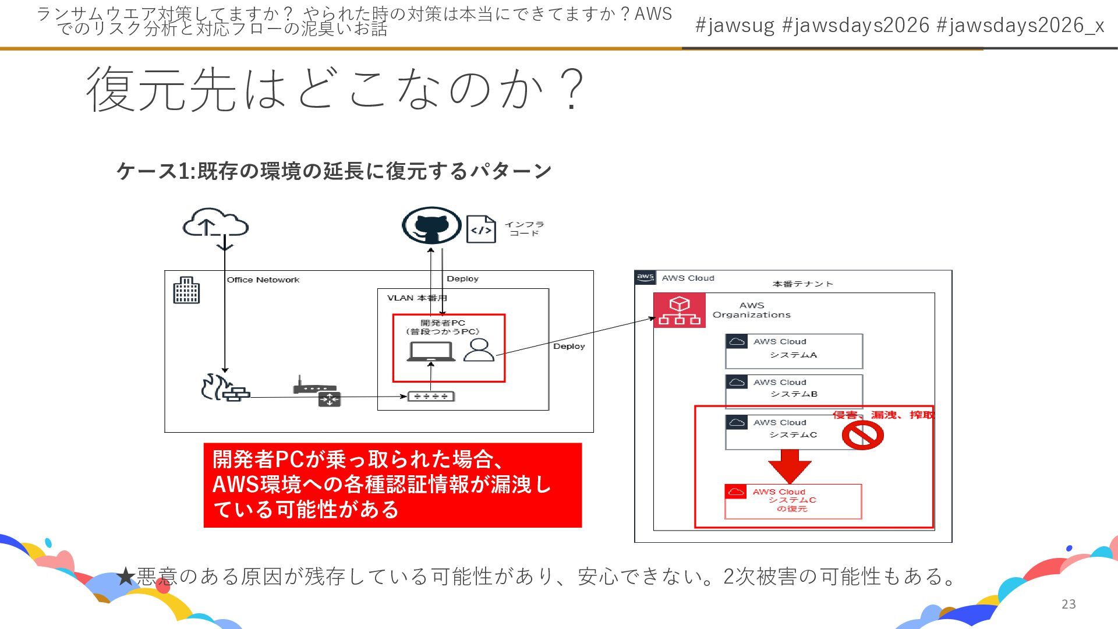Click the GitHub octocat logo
pyautogui.click(x=431, y=226)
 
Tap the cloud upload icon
pyautogui.click(x=215, y=224)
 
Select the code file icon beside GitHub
pyautogui.click(x=481, y=229)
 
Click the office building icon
pyautogui.click(x=186, y=290)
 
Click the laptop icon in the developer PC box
pyautogui.click(x=431, y=352)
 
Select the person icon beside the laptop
pyautogui.click(x=479, y=350)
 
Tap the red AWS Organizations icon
pyautogui.click(x=679, y=310)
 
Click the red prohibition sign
pyautogui.click(x=862, y=435)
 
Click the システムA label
pyautogui.click(x=793, y=355)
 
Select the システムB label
pyautogui.click(x=794, y=394)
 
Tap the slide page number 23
pyautogui.click(x=1069, y=604)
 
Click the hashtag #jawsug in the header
pyautogui.click(x=735, y=25)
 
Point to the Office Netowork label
pyautogui.click(x=263, y=280)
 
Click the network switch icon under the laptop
pyautogui.click(x=431, y=397)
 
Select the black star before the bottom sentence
pyautogui.click(x=126, y=577)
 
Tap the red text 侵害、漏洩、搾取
pyautogui.click(x=883, y=415)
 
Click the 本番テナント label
pyautogui.click(x=802, y=284)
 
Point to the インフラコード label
pyautogui.click(x=524, y=229)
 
